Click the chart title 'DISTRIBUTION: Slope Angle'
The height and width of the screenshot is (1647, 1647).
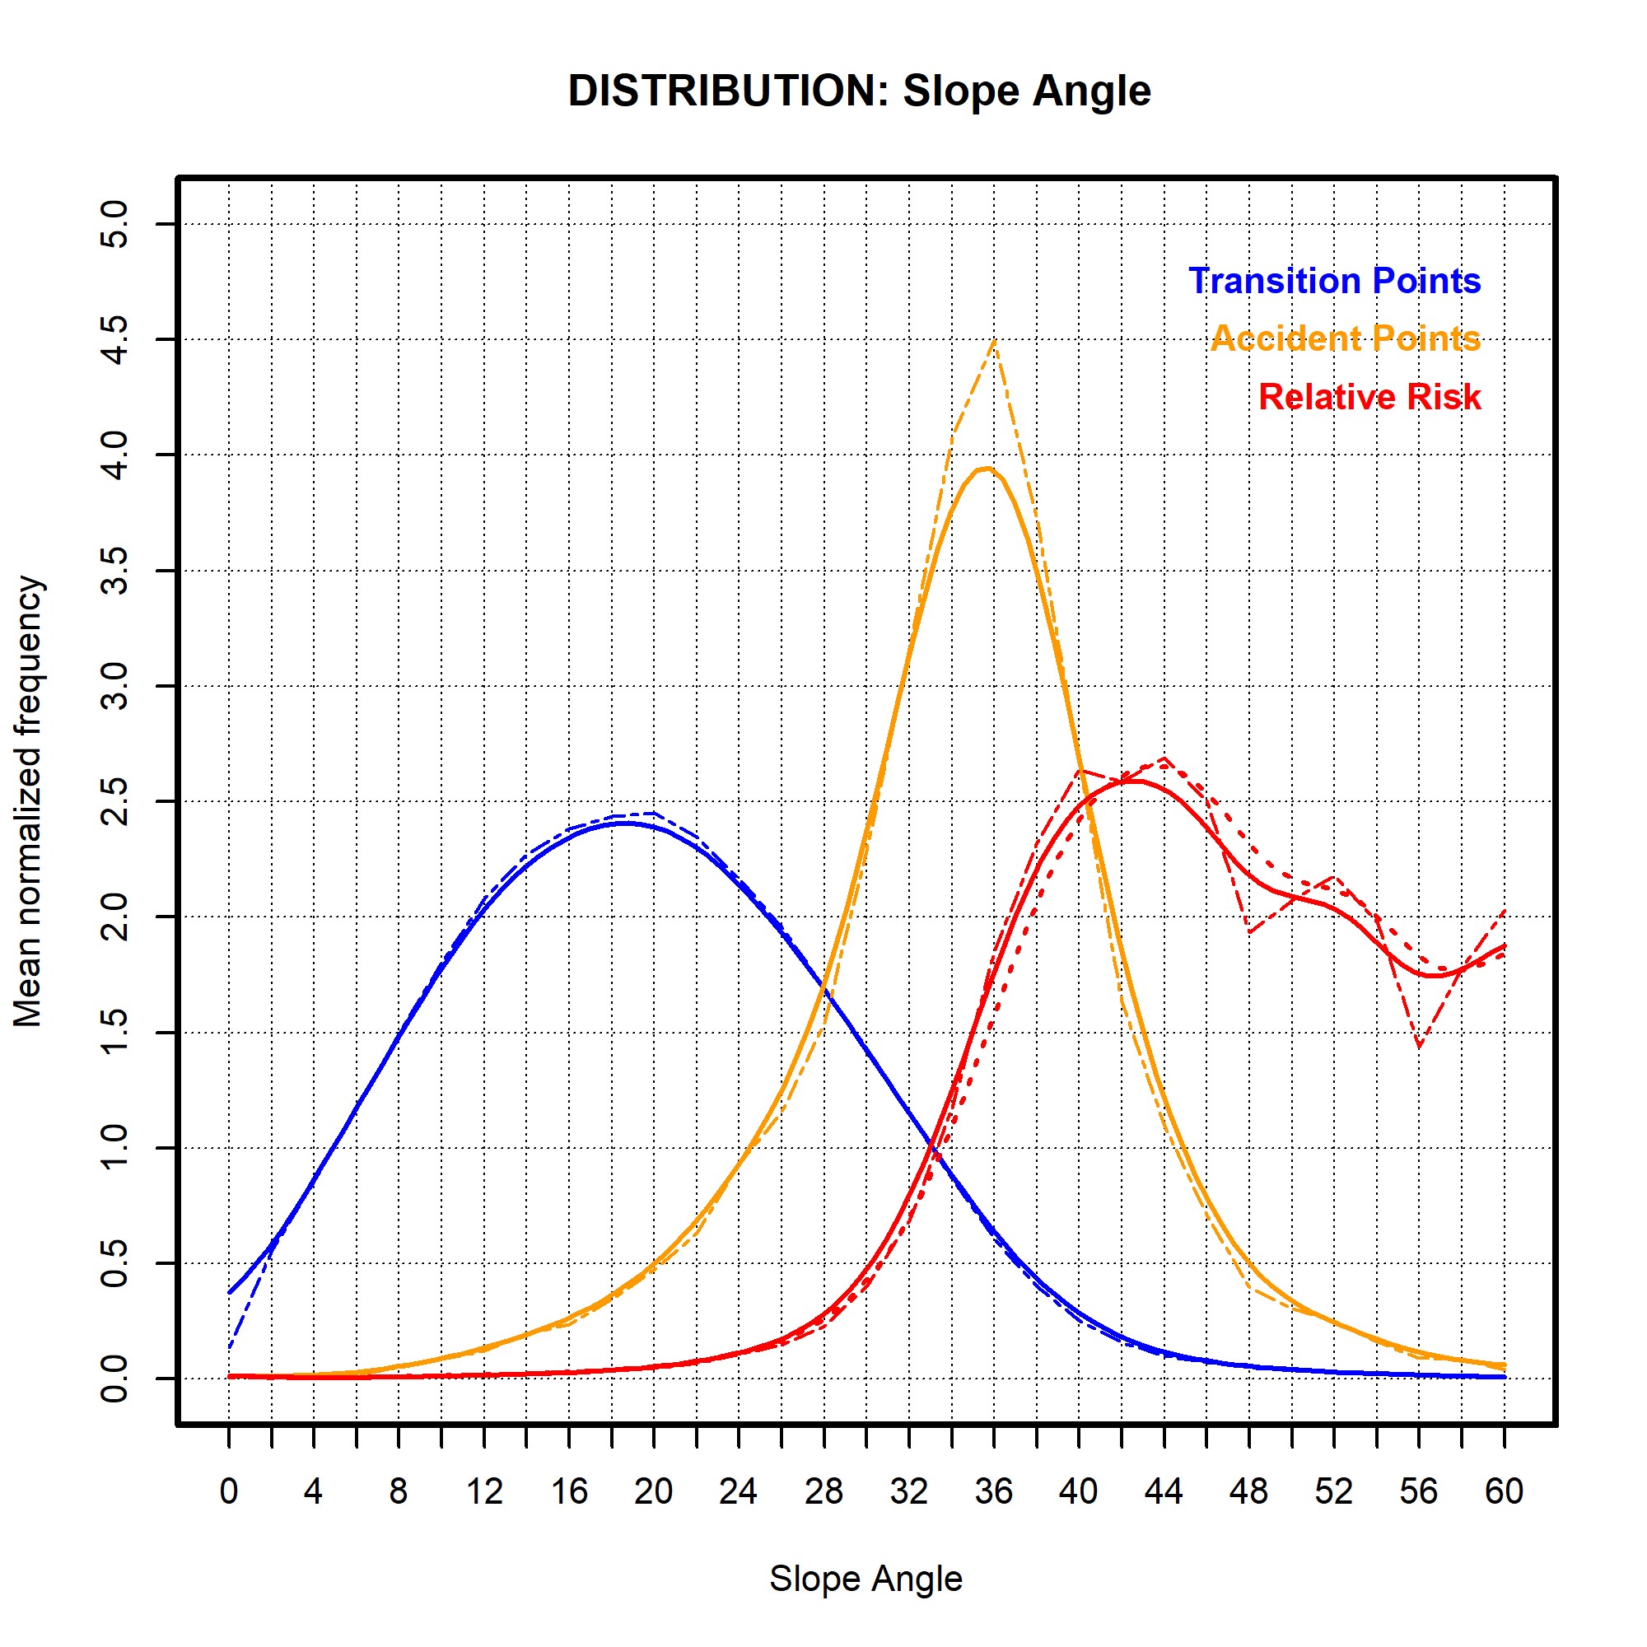tap(858, 91)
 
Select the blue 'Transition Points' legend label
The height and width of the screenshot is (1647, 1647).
tap(1334, 282)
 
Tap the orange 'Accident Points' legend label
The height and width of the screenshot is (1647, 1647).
tap(1346, 338)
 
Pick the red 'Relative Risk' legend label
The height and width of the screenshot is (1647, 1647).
tap(1369, 396)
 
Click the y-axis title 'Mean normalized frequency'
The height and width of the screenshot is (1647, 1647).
tap(28, 801)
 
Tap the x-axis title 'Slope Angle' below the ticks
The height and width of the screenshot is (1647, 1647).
tap(865, 1578)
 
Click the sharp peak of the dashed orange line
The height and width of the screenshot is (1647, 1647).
tap(994, 341)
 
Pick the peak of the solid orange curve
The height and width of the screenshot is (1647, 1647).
tap(987, 468)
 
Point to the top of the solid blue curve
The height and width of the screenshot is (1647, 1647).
tap(627, 823)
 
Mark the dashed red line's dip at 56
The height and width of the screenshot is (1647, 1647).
tap(1419, 1046)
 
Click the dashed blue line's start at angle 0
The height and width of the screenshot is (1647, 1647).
tap(229, 1349)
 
